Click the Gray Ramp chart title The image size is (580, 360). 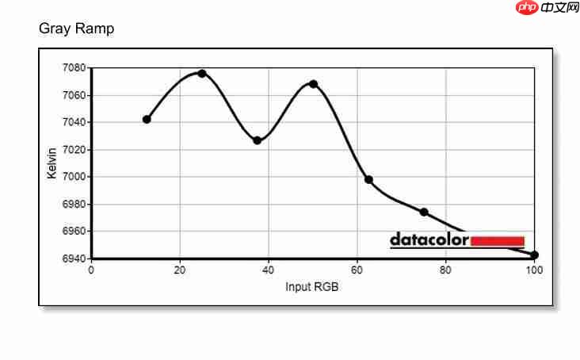[76, 29]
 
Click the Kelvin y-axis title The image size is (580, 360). [52, 163]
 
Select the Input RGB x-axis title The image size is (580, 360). [312, 286]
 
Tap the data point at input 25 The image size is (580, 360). [202, 73]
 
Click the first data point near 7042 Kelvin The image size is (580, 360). [147, 119]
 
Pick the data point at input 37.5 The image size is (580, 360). [258, 140]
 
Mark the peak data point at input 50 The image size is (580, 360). [313, 84]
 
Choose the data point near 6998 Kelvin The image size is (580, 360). [368, 179]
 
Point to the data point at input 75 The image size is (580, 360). [424, 212]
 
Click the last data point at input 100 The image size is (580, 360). [535, 255]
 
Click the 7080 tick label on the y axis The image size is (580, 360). [74, 68]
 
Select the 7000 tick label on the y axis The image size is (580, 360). [74, 177]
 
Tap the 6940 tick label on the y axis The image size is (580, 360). [74, 259]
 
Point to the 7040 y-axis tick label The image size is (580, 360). [74, 122]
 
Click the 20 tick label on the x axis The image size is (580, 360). [180, 270]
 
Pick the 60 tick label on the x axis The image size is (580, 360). [357, 270]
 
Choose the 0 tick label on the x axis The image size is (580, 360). [91, 270]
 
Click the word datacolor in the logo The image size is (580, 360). [429, 239]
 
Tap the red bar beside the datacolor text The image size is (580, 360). [498, 241]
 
